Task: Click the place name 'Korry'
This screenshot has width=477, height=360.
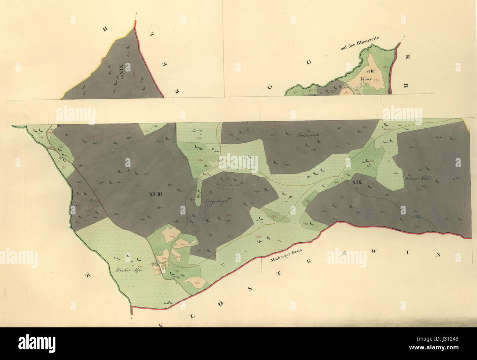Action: coord(366,79)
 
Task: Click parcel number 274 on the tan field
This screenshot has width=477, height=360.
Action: coord(183,243)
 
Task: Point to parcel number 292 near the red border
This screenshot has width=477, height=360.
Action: coord(196,282)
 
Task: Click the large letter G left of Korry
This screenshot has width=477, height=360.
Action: coord(309,62)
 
